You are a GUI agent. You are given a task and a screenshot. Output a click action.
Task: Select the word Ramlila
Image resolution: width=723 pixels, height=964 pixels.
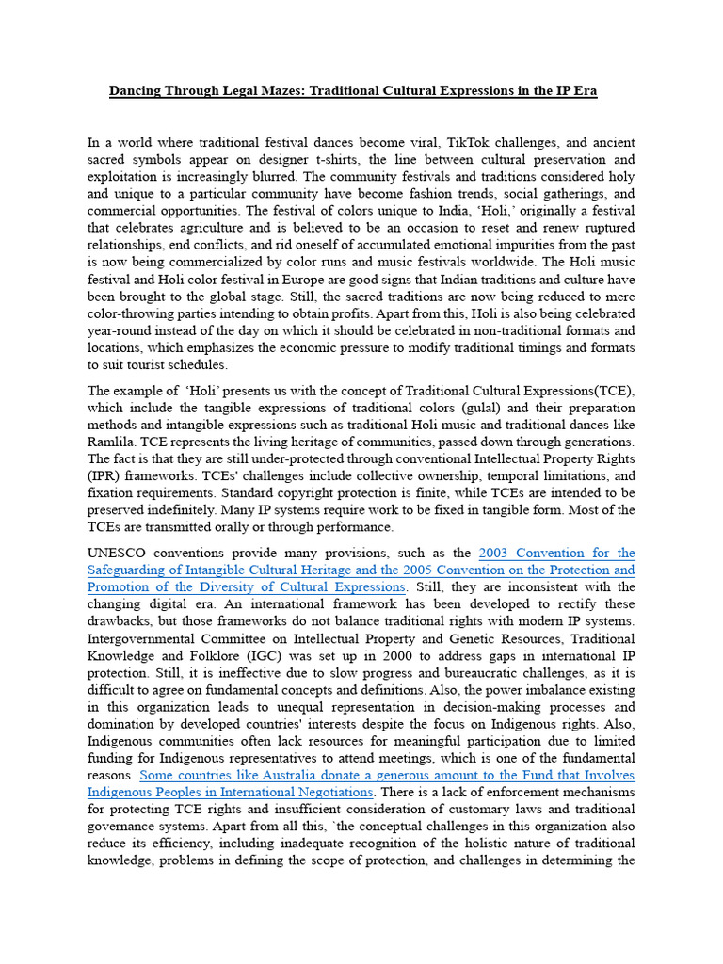pos(112,442)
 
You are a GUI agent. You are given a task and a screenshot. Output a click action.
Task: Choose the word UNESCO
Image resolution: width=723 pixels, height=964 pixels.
pos(119,553)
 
